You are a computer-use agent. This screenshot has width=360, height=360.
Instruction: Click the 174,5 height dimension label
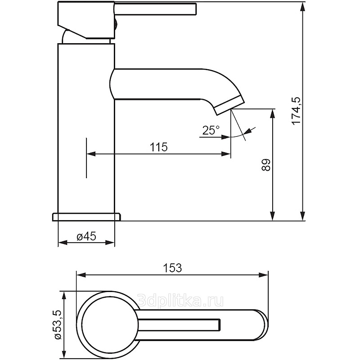(x=296, y=110)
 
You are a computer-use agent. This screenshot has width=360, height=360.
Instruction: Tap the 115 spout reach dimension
(x=158, y=147)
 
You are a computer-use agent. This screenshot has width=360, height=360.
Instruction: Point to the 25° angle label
(x=211, y=130)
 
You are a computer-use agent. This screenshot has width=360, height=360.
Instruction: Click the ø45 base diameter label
(x=87, y=237)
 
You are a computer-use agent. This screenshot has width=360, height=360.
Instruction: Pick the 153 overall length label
(x=172, y=268)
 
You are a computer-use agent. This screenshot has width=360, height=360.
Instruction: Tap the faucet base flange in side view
(x=87, y=216)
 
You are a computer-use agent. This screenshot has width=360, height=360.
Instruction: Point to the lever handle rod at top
(x=155, y=9)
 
